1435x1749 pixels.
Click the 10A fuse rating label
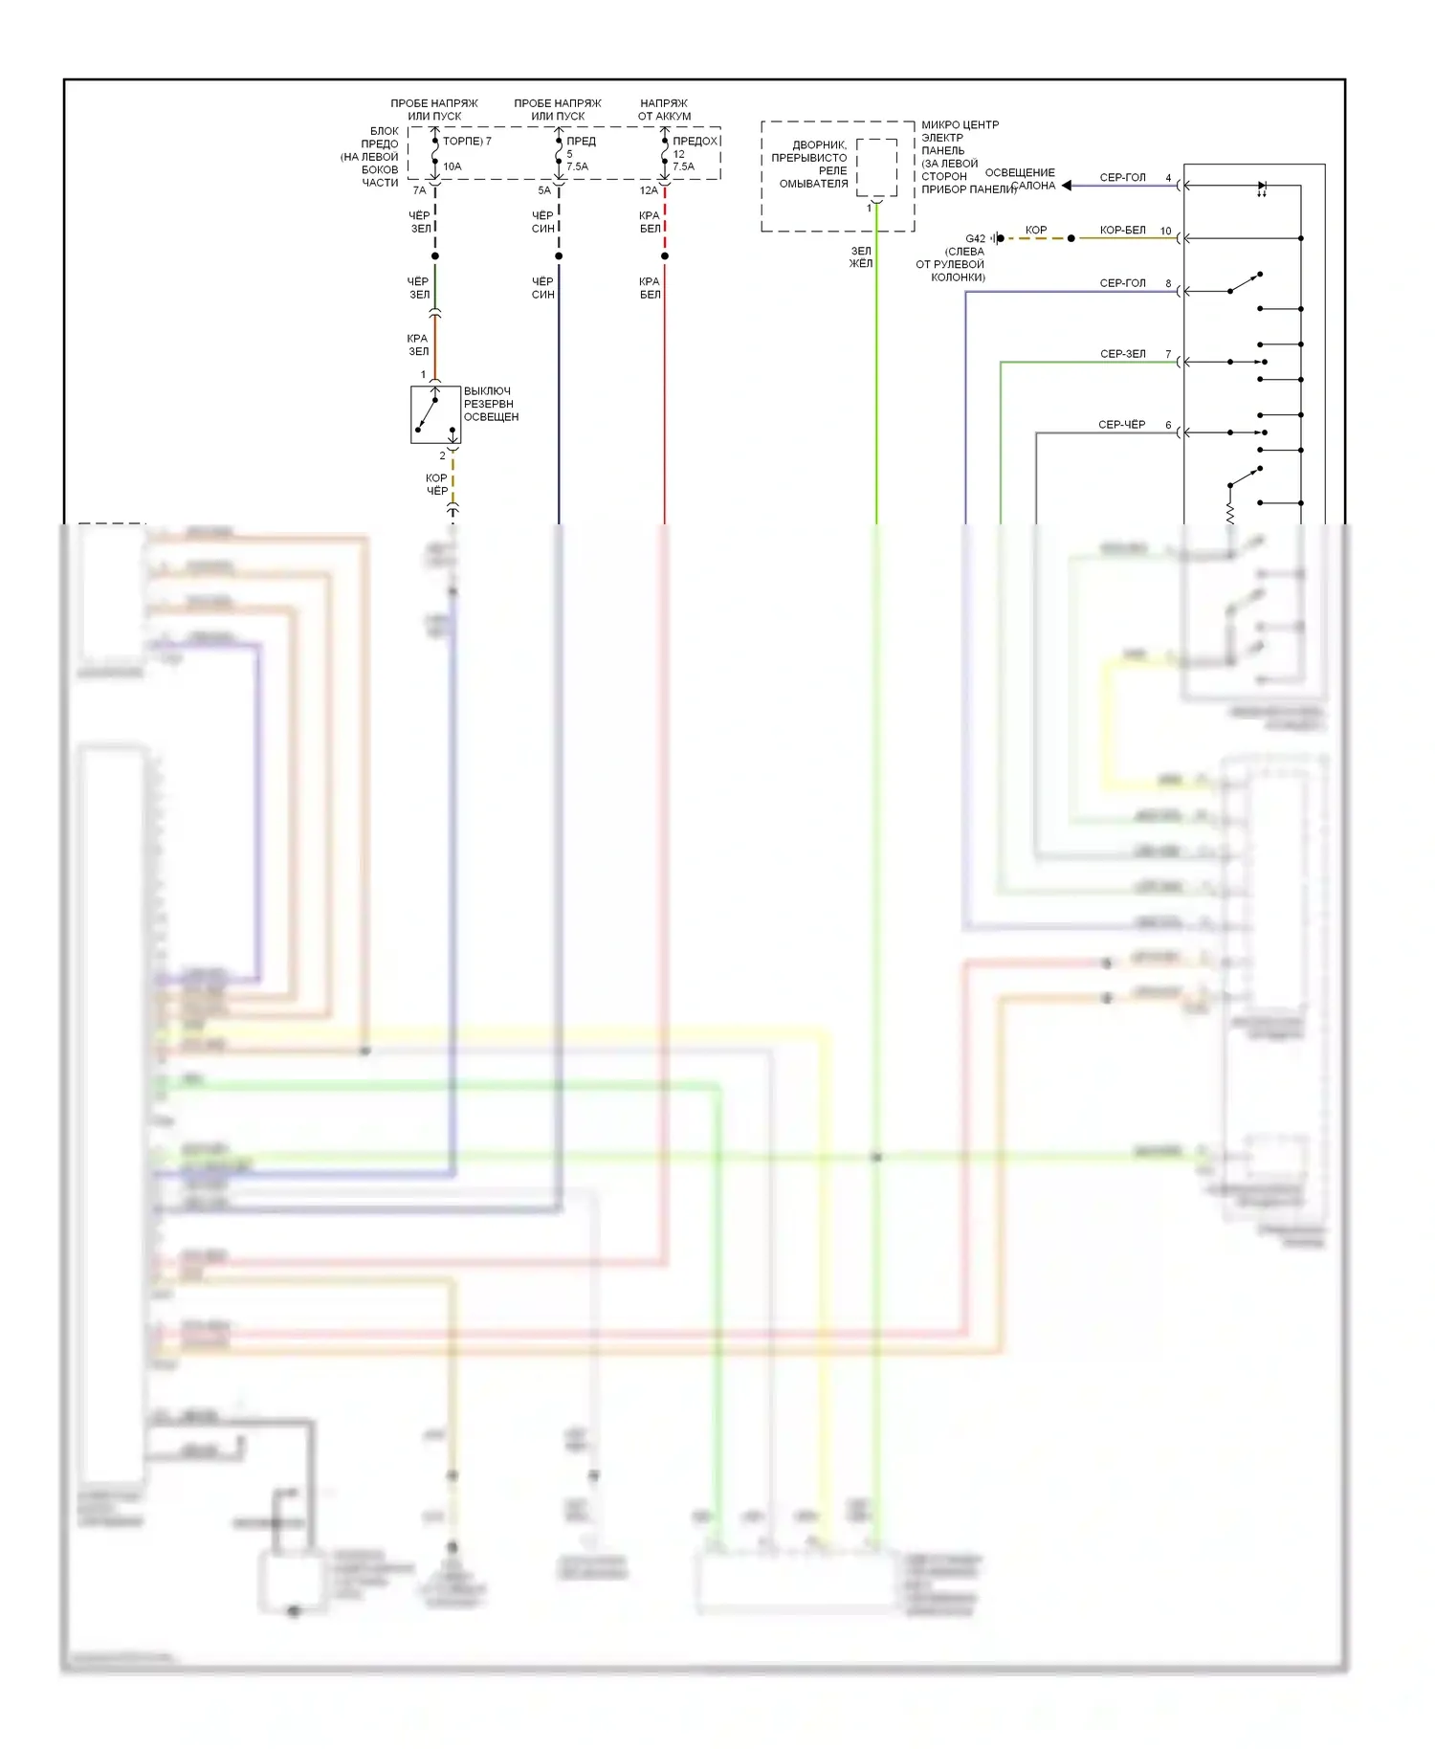(x=453, y=166)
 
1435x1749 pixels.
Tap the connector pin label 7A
(x=419, y=190)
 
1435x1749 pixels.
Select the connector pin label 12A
(x=649, y=190)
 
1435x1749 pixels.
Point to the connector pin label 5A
(x=544, y=190)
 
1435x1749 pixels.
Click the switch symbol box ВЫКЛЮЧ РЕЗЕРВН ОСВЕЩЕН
(x=435, y=414)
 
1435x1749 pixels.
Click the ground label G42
(x=975, y=238)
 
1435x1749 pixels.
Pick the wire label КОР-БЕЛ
(x=1122, y=230)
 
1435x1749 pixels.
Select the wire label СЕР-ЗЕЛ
(x=1122, y=354)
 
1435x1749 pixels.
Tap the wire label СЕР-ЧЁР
(x=1121, y=425)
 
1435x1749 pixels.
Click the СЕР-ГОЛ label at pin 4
(x=1122, y=177)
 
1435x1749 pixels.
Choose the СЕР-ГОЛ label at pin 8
(x=1122, y=283)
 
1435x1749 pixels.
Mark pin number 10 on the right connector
(x=1165, y=231)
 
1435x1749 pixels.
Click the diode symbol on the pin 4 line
(x=1262, y=186)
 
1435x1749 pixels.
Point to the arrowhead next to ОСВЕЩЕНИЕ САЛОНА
(x=1067, y=186)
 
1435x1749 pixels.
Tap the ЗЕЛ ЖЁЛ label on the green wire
(x=861, y=257)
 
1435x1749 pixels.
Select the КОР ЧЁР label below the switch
(x=436, y=484)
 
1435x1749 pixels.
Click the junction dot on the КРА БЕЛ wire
(x=665, y=256)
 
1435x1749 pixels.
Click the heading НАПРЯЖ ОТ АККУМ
(x=664, y=109)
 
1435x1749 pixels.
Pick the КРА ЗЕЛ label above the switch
(x=418, y=344)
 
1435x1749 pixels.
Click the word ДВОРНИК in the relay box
(x=819, y=144)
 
